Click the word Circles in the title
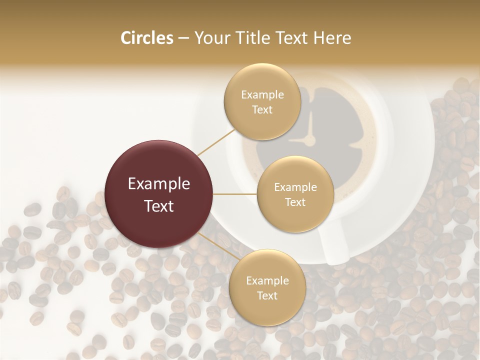[x=146, y=38]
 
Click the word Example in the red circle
[x=159, y=184]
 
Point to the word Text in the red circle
[x=159, y=206]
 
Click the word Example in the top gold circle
[x=262, y=95]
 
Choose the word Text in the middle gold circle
[x=295, y=202]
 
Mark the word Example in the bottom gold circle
[x=267, y=281]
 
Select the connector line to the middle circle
[x=235, y=194]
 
